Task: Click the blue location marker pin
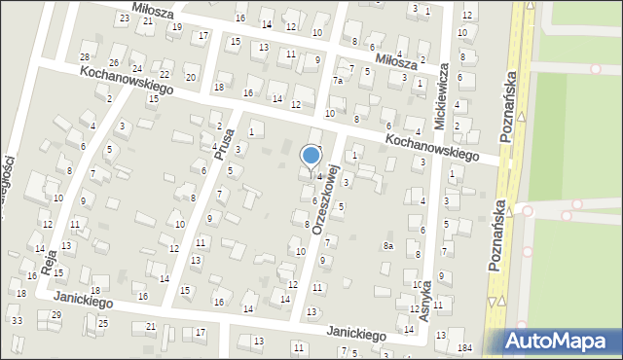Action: coord(311,158)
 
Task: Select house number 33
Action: coord(17,320)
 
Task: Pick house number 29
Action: coord(56,314)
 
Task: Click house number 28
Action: coord(85,58)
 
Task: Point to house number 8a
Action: coord(387,246)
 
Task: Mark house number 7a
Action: coord(338,81)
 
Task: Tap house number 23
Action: coord(124,18)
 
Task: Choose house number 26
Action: coord(114,63)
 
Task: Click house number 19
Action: coord(176,26)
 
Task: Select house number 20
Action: coord(190,77)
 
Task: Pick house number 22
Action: coord(165,74)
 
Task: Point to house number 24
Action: coord(137,69)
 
